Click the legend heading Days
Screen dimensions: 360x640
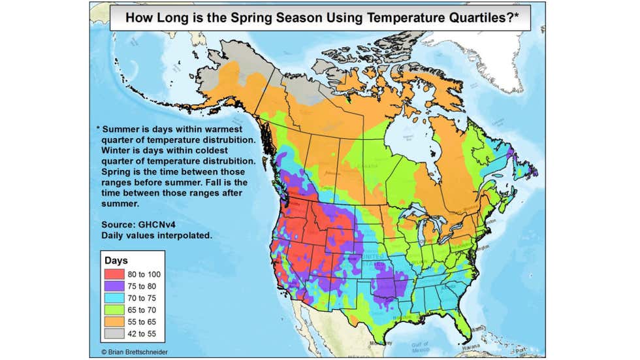click(116, 261)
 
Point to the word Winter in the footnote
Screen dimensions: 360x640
click(118, 150)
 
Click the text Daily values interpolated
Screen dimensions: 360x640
click(156, 234)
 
